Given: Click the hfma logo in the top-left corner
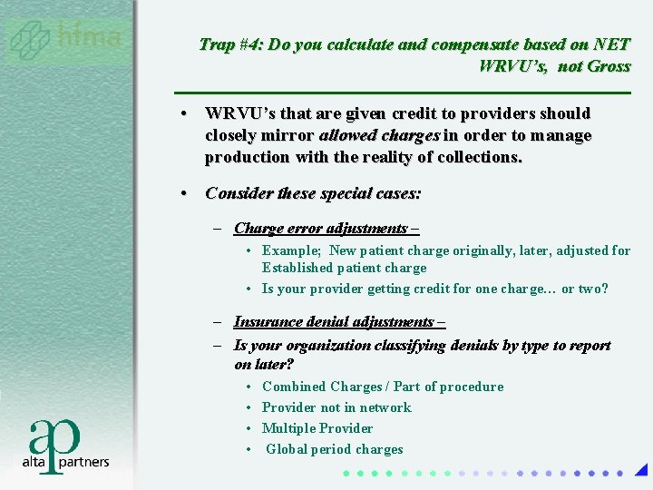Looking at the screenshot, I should coord(65,39).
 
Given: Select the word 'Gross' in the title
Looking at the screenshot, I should coord(607,65).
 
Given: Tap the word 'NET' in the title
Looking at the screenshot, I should coord(612,44).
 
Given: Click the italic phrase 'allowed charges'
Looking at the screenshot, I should coord(380,135).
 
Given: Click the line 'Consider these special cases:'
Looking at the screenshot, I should coord(313,193).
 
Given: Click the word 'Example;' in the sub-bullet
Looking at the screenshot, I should coord(292,250).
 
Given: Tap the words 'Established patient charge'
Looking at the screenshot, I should coord(344,268).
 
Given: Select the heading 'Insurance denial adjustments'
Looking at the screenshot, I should coord(333,322).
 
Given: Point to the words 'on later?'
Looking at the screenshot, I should coord(264,364).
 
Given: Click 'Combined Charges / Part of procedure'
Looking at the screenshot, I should coord(382,387).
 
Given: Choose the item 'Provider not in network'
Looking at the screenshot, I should coord(336,407).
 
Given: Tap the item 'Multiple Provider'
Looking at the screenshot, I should coord(317,428).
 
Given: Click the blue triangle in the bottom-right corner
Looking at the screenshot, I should coord(641,470).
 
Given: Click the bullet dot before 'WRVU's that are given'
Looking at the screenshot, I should coord(184,114).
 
